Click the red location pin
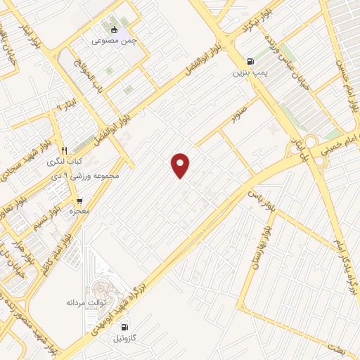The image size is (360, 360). point(181,165)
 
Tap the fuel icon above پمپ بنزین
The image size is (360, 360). point(251,60)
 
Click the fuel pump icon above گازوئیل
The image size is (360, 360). point(124,326)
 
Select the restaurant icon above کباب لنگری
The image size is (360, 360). point(63,150)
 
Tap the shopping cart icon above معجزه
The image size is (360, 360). point(79,200)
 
